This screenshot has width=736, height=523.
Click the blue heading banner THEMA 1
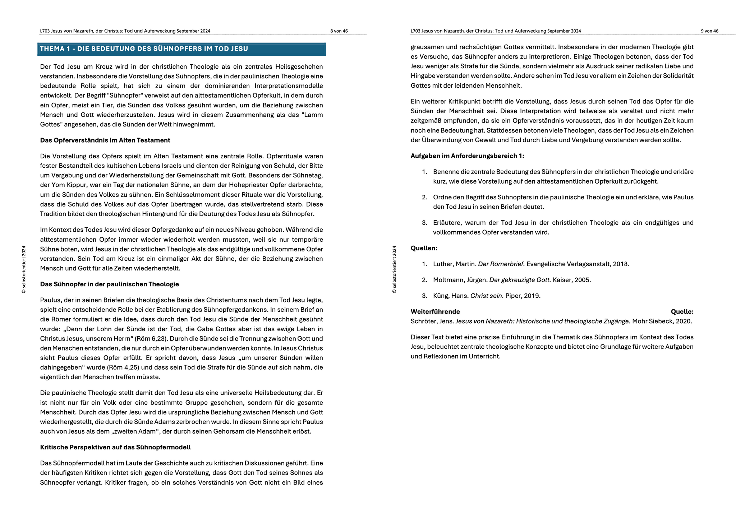point(181,49)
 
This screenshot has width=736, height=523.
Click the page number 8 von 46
point(339,31)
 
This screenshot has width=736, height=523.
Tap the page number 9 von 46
point(709,31)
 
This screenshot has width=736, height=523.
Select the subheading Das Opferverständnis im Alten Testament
point(105,140)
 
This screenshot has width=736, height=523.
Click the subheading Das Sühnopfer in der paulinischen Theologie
point(109,284)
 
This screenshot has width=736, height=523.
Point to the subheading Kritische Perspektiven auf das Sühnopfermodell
point(115,447)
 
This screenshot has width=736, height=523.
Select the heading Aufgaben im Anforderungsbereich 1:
point(467,156)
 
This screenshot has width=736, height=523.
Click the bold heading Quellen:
point(424,248)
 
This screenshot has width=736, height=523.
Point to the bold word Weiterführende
point(435,312)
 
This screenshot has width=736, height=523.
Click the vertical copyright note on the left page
point(24,269)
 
